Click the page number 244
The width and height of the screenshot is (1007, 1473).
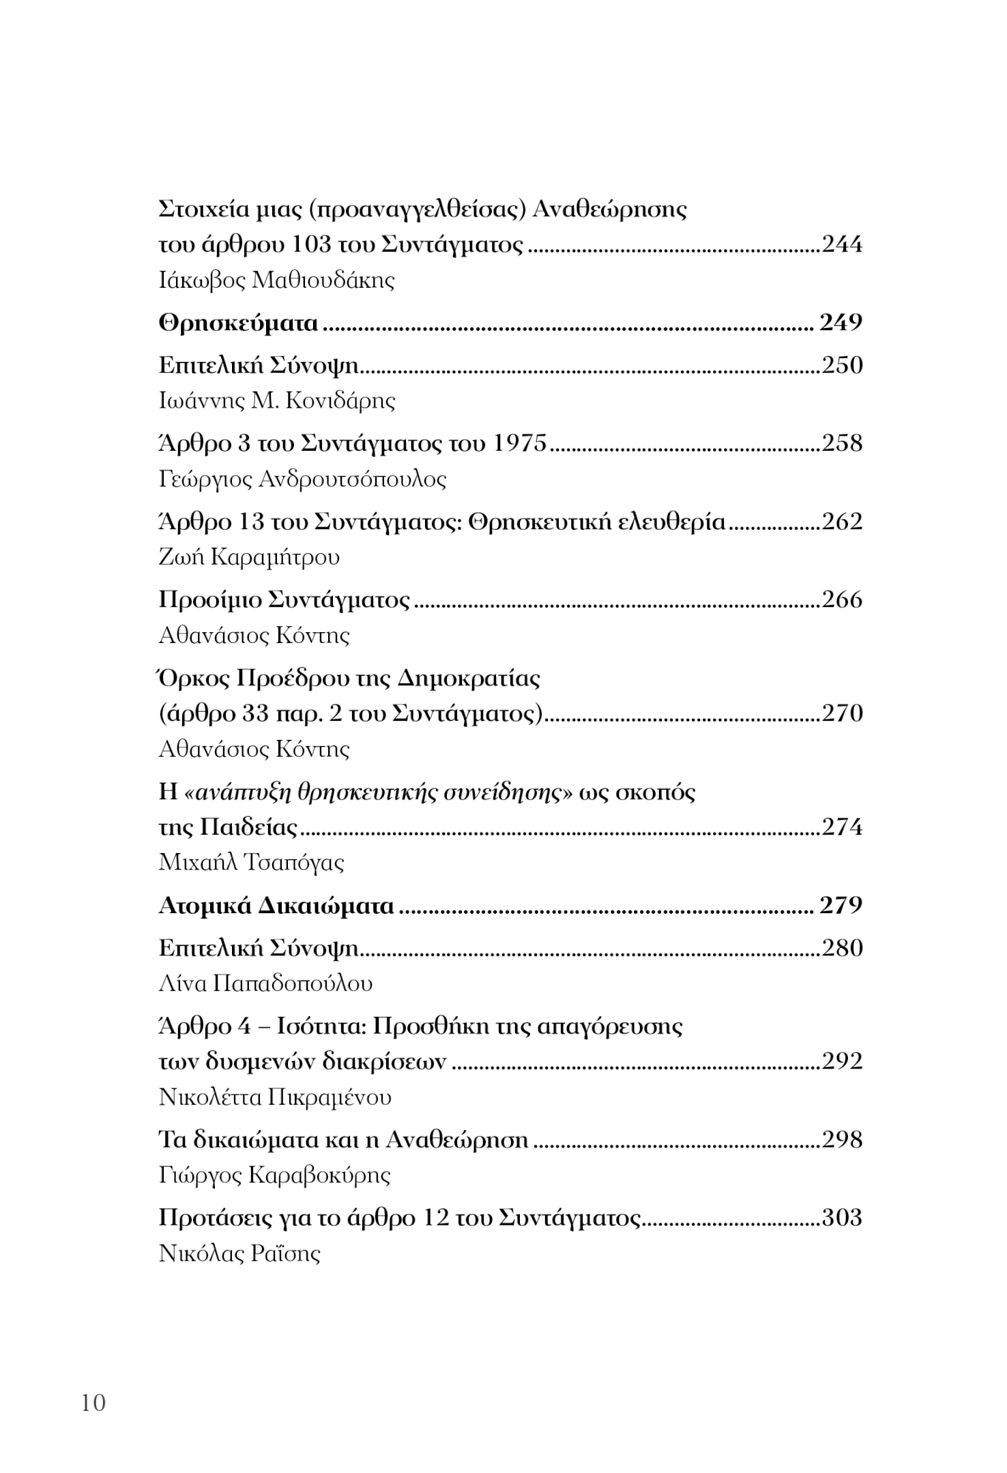[x=842, y=244]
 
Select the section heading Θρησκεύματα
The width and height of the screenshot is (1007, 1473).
[x=238, y=323]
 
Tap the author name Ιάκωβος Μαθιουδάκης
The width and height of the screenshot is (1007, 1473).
[x=276, y=280]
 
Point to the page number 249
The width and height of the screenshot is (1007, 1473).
[x=841, y=323]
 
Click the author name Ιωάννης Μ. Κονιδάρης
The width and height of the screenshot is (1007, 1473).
[x=276, y=400]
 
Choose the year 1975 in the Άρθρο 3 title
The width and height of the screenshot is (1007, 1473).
[x=519, y=444]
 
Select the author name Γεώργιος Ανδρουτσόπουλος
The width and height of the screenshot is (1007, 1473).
[x=302, y=479]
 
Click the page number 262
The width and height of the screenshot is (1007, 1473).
[x=842, y=522]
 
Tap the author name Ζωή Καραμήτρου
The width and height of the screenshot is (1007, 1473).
[x=249, y=558]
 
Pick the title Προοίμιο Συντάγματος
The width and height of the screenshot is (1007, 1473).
[x=284, y=600]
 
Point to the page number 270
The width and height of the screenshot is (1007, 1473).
[x=842, y=713]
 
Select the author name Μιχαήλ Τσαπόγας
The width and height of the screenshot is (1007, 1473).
[x=251, y=863]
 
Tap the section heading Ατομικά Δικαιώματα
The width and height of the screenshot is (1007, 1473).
[x=276, y=906]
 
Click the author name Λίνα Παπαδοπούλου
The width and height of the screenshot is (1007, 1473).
[x=265, y=983]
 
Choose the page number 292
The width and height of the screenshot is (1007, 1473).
[x=842, y=1061]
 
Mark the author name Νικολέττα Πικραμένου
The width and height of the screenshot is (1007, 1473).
[x=275, y=1097]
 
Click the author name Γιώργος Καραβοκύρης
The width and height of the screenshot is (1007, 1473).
[x=274, y=1175]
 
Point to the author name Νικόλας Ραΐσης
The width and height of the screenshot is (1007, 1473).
[x=239, y=1253]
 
